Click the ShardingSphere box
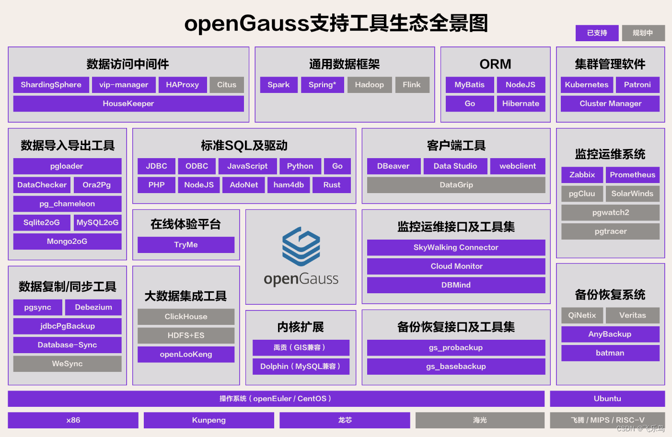point(51,85)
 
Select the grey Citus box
point(227,85)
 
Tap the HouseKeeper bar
point(128,103)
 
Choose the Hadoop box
point(369,85)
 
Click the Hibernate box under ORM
point(521,103)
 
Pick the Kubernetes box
point(586,85)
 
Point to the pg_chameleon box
point(67,204)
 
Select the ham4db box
point(289,185)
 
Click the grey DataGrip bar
point(456,185)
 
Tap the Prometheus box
point(632,175)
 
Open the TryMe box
point(186,245)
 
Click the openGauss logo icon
point(301,246)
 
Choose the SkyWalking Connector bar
point(456,248)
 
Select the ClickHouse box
point(186,317)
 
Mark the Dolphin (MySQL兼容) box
point(301,367)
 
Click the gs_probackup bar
point(456,348)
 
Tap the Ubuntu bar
point(607,399)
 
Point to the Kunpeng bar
point(209,420)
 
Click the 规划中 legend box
point(643,33)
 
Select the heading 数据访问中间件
point(128,64)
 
